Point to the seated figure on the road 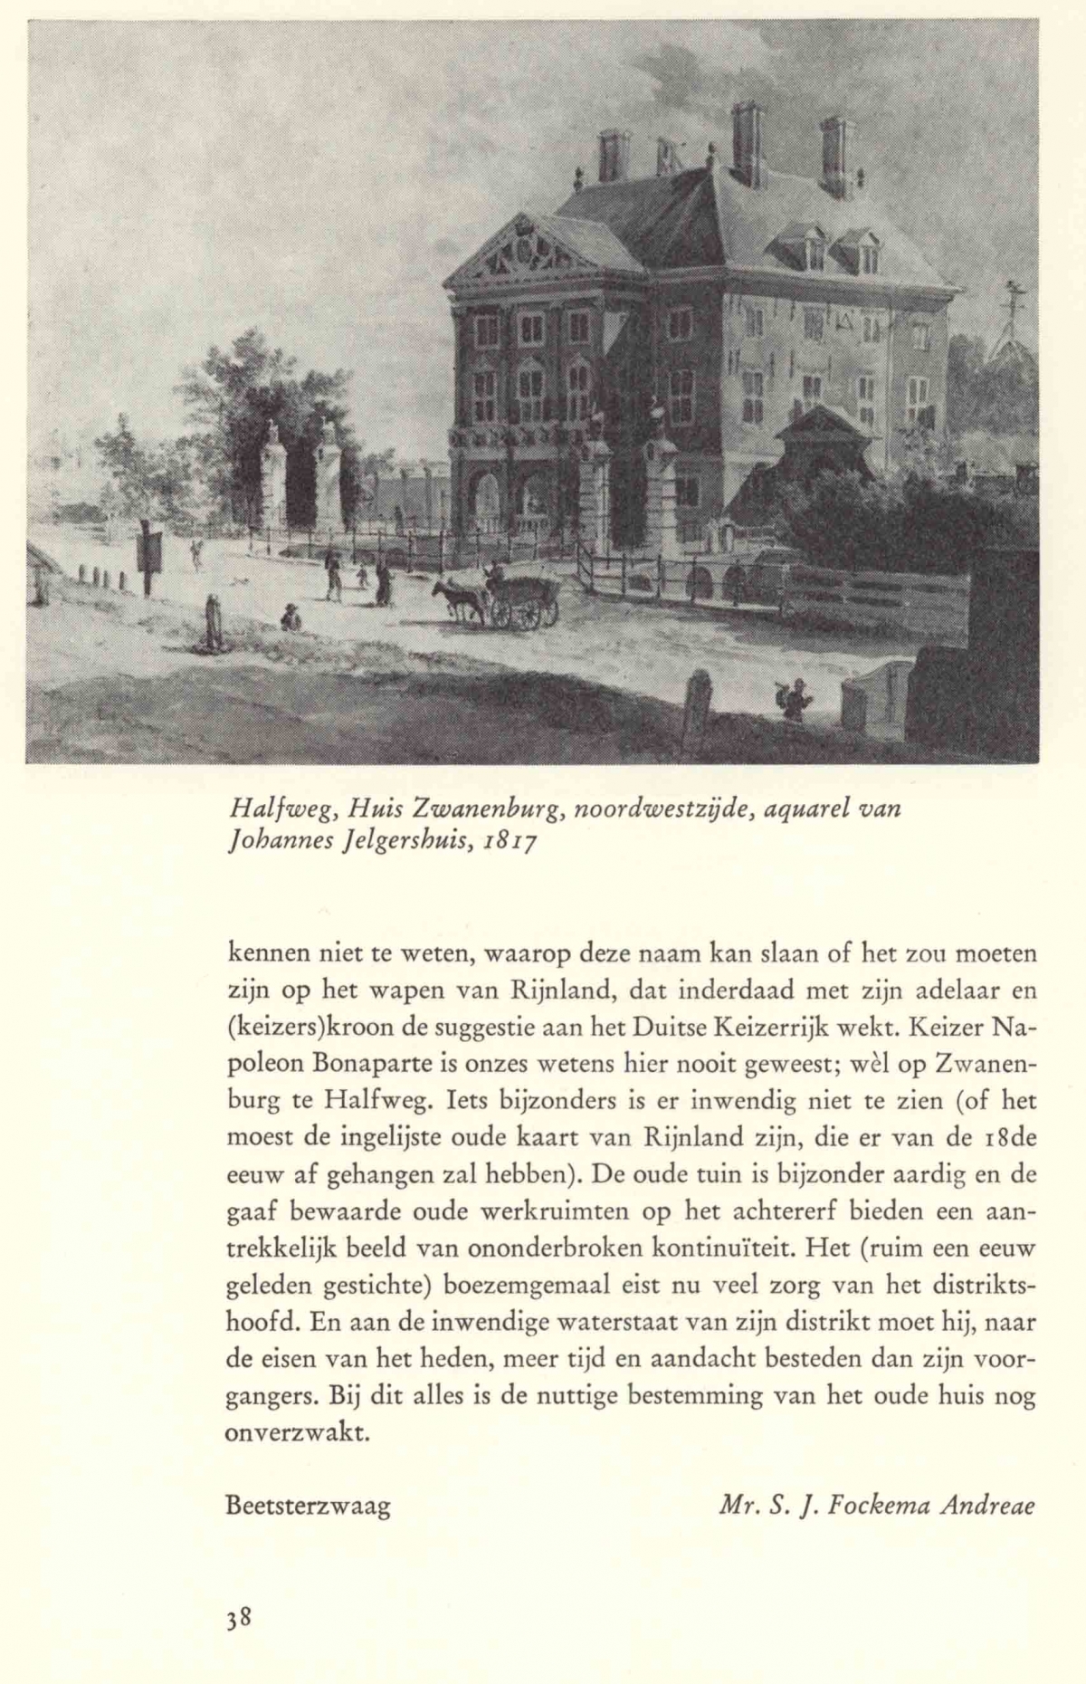[x=290, y=617]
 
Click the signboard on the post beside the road [x=150, y=550]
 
